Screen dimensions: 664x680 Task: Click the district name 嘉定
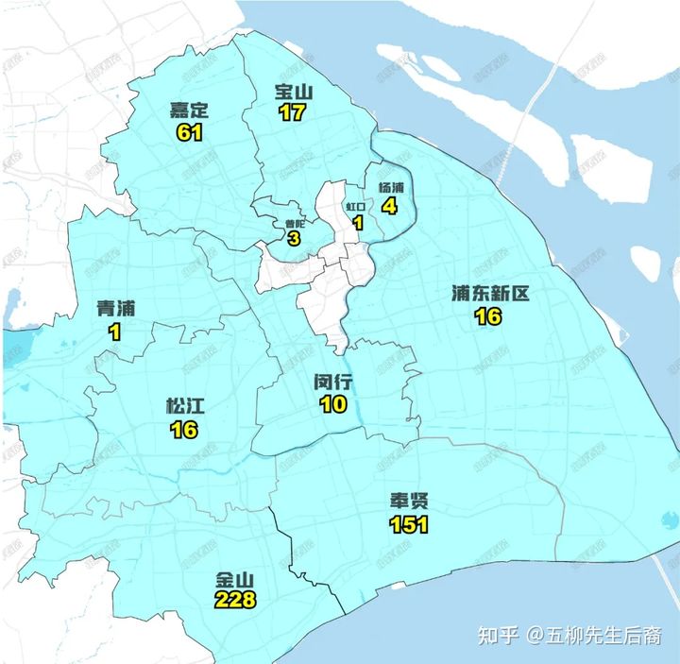point(189,111)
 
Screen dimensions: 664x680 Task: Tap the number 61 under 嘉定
point(189,132)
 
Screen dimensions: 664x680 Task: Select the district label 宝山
point(294,92)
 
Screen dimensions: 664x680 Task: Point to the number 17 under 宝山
point(292,112)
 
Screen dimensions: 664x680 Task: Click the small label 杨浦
point(390,187)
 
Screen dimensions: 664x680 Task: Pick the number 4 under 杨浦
point(387,204)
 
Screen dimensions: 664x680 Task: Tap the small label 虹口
point(356,205)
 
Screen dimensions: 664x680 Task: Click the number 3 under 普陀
point(294,239)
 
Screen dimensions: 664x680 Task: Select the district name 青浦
point(117,309)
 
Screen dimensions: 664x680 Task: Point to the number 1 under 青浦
point(115,331)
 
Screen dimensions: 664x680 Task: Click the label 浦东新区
point(489,294)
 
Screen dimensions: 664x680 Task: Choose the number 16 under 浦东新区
point(488,316)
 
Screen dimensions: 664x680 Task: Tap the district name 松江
point(184,406)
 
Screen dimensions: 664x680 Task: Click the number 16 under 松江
point(183,429)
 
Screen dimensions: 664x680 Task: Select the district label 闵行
point(332,383)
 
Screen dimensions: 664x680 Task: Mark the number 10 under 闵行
point(332,404)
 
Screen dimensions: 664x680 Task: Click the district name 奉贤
point(409,502)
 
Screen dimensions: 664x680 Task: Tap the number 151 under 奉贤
point(409,525)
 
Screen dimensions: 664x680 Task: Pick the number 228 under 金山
point(235,600)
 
